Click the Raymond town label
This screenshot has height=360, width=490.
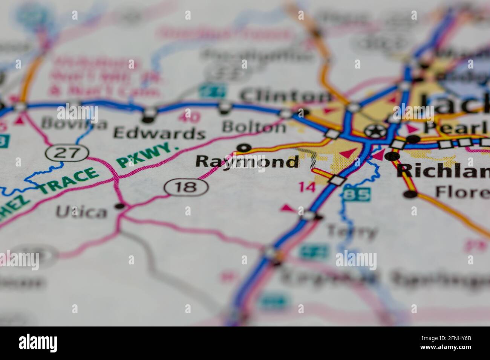tap(247, 162)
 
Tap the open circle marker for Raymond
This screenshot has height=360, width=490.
tap(245, 147)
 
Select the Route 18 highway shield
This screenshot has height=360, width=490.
tap(186, 187)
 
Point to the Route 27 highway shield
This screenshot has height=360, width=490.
tap(67, 153)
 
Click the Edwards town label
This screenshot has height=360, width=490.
tap(159, 133)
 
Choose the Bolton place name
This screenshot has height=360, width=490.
tap(254, 127)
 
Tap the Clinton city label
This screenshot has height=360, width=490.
tap(284, 96)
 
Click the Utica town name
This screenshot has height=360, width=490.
tap(81, 212)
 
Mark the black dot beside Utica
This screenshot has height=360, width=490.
tap(120, 206)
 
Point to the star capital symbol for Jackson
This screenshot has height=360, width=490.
tap(372, 131)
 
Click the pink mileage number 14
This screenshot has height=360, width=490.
tap(306, 187)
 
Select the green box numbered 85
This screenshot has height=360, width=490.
tap(356, 194)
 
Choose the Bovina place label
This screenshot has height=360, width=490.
tap(69, 123)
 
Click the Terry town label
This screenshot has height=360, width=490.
tap(352, 231)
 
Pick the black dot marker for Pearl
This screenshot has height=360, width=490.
tap(413, 139)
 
